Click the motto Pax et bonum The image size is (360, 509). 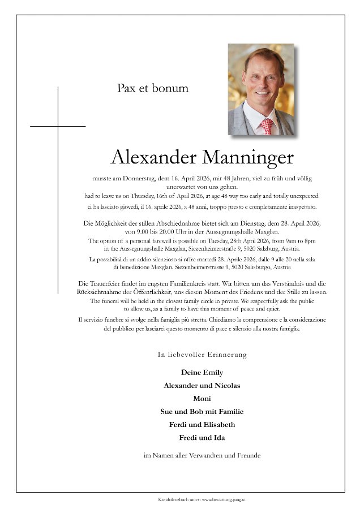coord(153,88)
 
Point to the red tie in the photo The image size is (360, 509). coord(266,125)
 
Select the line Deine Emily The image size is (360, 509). coord(202,372)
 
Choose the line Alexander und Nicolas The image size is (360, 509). coord(202,385)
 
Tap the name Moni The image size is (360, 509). coord(202,398)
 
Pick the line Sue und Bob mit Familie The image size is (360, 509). coord(202,411)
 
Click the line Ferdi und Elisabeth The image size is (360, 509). coord(202,424)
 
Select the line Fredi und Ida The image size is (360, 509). coord(202,437)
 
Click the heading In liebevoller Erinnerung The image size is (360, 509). coord(202,355)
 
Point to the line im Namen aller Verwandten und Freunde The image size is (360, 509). coord(202,455)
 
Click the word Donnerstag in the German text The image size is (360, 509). coord(134,178)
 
